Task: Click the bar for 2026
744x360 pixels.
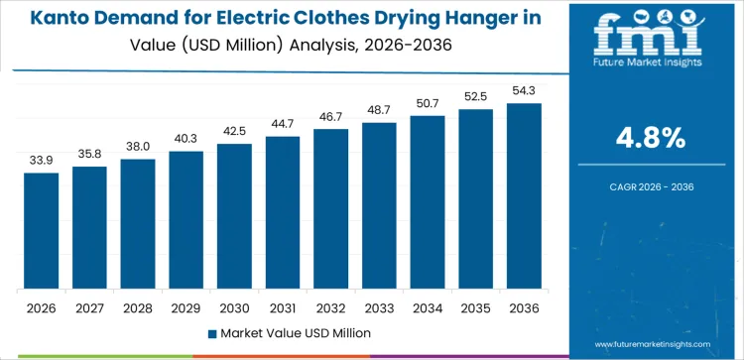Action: [42, 230]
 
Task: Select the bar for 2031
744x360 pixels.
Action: [283, 212]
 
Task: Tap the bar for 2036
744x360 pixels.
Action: [524, 195]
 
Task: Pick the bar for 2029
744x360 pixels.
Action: [186, 219]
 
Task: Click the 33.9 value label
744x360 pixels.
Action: [42, 159]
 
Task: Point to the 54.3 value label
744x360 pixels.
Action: [524, 89]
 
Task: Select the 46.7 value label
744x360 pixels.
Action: [330, 115]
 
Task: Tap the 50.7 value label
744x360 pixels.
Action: [428, 102]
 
